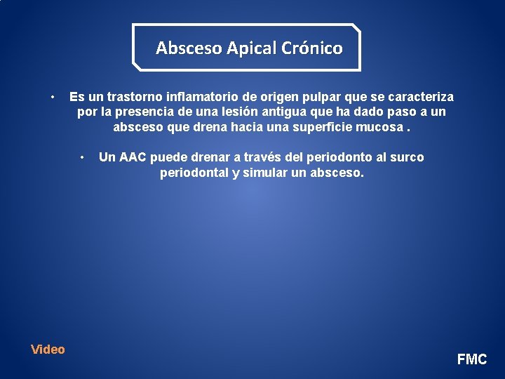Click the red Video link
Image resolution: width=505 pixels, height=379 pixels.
click(48, 350)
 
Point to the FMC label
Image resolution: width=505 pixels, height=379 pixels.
click(472, 359)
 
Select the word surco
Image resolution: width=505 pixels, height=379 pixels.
click(407, 157)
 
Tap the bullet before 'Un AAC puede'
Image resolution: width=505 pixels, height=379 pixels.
click(83, 157)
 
